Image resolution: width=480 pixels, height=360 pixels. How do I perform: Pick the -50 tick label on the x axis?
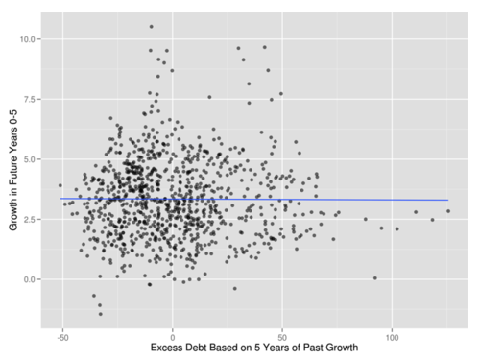point(62,338)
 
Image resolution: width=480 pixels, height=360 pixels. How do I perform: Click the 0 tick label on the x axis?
point(173,338)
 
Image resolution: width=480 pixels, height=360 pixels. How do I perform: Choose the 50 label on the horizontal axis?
point(282,338)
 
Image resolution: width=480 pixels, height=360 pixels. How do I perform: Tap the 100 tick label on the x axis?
point(392,338)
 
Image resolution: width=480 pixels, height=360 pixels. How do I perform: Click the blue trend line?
point(254,200)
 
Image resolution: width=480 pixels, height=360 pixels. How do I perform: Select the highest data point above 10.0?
point(152,27)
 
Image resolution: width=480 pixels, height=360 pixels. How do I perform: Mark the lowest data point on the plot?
point(101,314)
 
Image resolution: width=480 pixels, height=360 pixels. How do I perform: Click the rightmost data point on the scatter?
point(448,211)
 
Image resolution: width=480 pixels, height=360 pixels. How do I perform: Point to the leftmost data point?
point(60,185)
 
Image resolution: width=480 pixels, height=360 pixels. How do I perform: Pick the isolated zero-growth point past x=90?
point(375,278)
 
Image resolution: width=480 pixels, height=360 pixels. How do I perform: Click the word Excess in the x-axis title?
point(167,348)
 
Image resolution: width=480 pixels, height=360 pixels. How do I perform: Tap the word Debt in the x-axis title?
point(198,348)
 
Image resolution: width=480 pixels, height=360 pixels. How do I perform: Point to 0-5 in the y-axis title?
point(13,119)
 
